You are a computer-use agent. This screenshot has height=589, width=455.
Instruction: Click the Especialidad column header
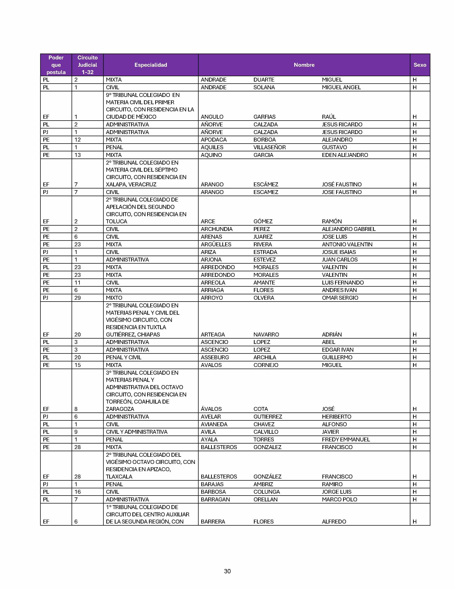(151, 65)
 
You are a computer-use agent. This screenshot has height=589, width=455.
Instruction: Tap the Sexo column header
(420, 65)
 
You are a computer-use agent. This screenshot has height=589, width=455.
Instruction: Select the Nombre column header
(304, 65)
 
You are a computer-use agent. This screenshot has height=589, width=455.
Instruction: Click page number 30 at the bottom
(227, 571)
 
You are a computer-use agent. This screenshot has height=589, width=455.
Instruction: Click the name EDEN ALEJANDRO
(345, 155)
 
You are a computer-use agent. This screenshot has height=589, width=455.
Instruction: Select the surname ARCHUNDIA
(216, 229)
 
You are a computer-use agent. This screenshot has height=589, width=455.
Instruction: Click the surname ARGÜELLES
(216, 244)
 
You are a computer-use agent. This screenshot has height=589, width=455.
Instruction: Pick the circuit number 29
(77, 298)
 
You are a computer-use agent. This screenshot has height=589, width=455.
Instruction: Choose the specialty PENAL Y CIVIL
(123, 357)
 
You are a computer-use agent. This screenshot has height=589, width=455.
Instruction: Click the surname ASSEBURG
(215, 357)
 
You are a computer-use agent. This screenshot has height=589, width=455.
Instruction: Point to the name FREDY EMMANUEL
(346, 439)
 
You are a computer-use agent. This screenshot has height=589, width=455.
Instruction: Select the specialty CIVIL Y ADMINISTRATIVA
(136, 432)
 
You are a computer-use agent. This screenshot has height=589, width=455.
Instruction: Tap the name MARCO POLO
(339, 499)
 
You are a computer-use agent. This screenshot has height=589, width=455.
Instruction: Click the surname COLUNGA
(266, 492)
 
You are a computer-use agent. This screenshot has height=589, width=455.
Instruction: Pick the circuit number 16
(77, 492)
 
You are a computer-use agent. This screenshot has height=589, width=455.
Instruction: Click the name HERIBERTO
(336, 417)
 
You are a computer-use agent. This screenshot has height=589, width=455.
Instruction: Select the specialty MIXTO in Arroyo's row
(114, 298)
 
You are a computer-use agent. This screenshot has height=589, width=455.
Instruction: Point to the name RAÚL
(328, 117)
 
